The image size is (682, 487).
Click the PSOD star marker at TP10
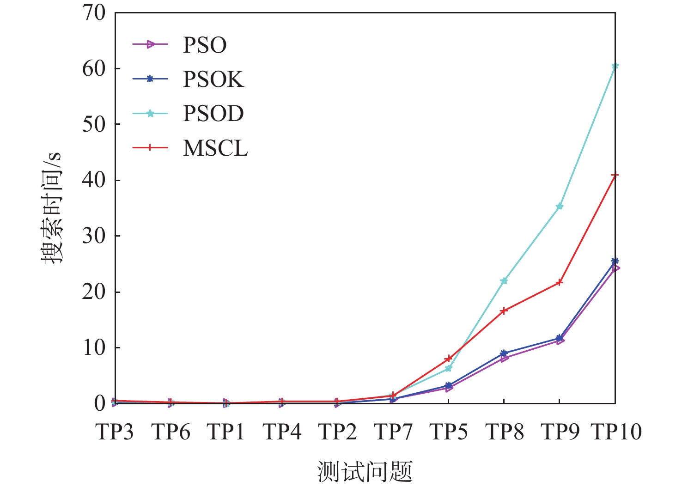[x=615, y=66]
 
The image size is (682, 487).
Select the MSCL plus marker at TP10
[x=615, y=175]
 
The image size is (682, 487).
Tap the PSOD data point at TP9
[x=559, y=206]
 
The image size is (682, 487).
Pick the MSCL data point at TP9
[x=559, y=282]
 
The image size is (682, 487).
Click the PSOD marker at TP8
[x=504, y=280]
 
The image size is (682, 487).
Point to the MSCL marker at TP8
[x=504, y=310]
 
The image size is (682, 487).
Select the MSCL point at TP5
[x=448, y=359]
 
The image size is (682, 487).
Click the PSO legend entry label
[x=205, y=45]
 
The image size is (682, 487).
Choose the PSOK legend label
[x=213, y=79]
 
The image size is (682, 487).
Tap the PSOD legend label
[x=213, y=114]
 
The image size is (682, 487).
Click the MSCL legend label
[x=215, y=148]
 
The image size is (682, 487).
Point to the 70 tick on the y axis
[x=94, y=13]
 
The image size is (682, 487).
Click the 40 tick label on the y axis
[x=94, y=180]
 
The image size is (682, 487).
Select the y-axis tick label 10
[x=94, y=348]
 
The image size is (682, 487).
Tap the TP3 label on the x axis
[x=115, y=432]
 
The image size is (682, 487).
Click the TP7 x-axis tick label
[x=393, y=432]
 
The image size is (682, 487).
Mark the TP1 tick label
[x=226, y=432]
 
